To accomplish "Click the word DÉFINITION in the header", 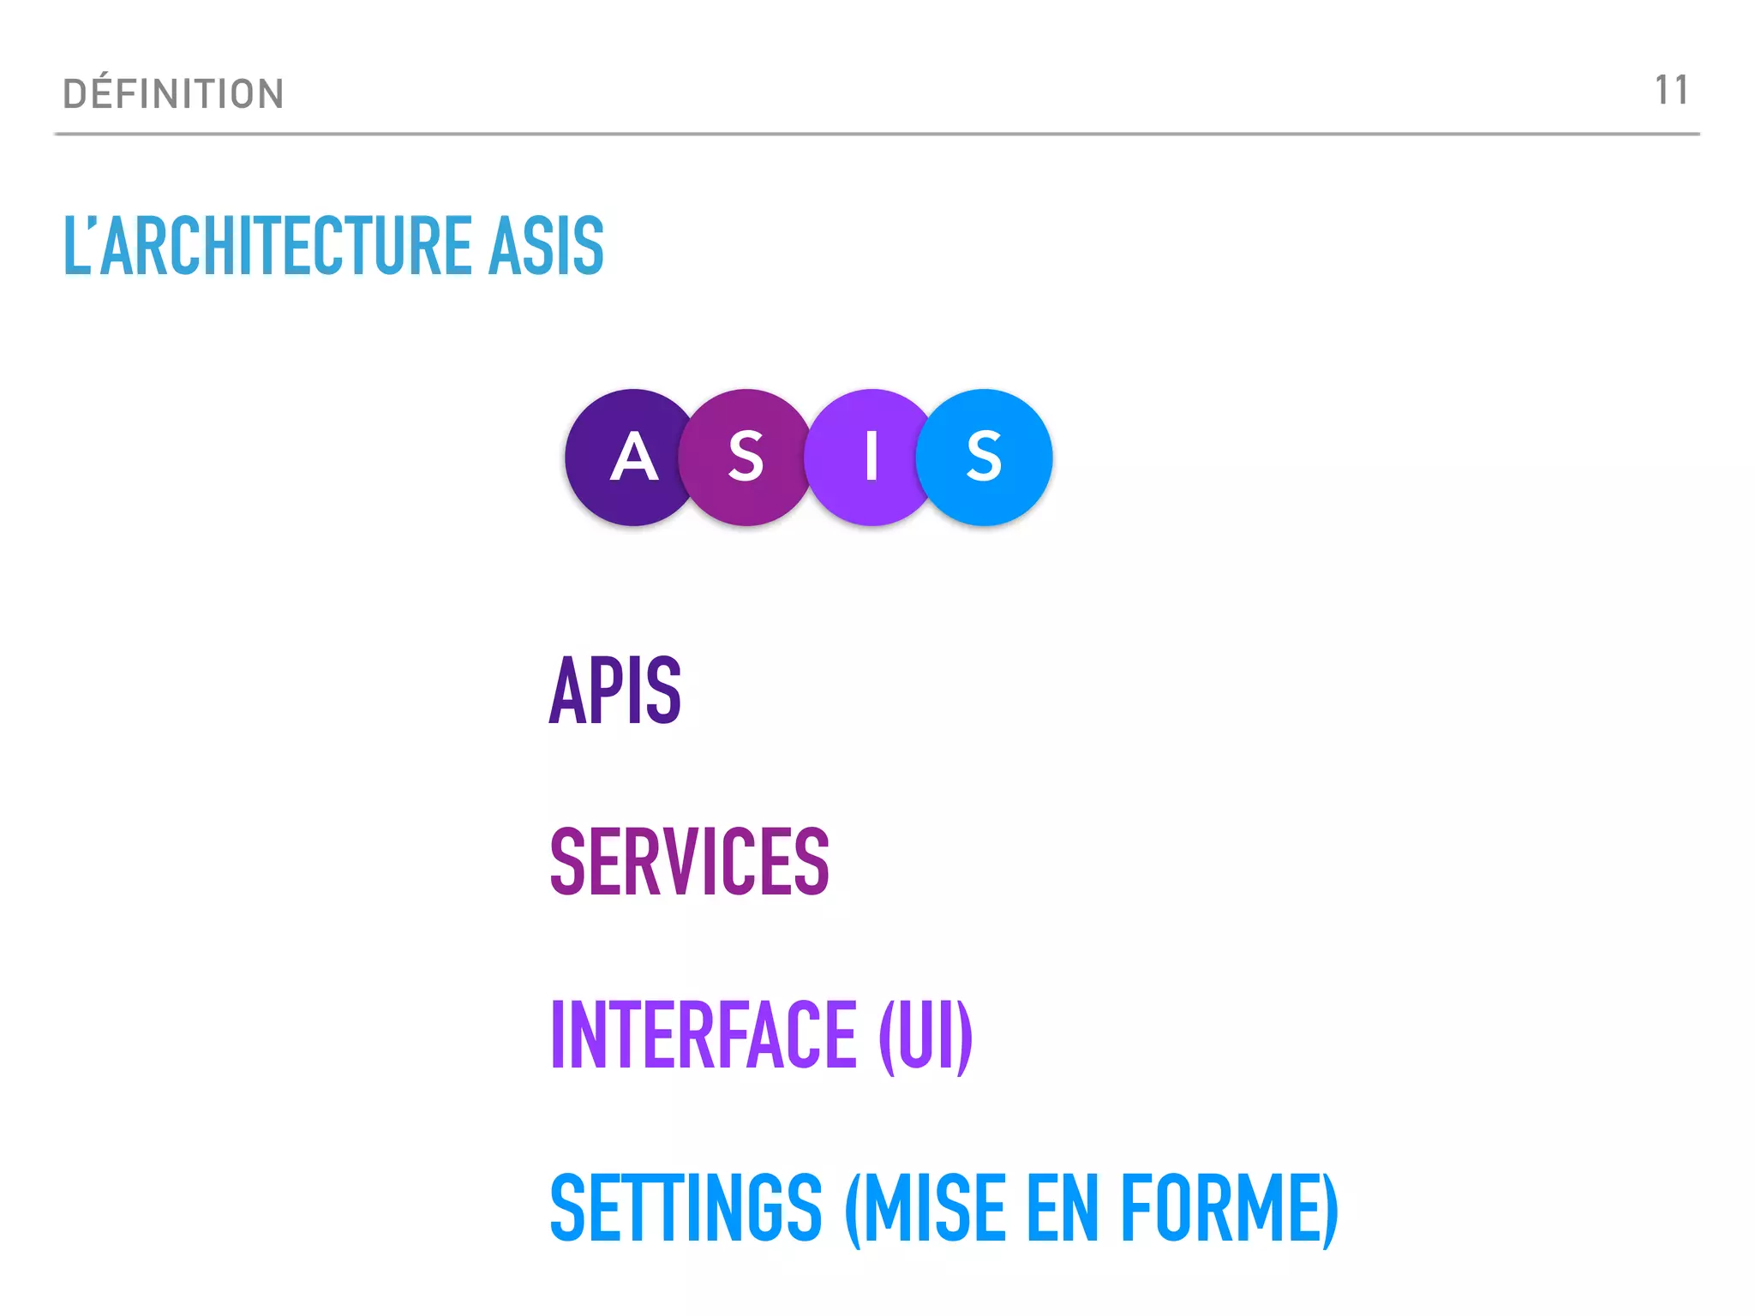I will (x=173, y=93).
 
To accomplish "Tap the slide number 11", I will (x=1671, y=90).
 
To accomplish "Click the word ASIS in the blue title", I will (x=546, y=246).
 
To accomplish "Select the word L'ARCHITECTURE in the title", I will (x=268, y=246).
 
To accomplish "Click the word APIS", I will (x=614, y=690).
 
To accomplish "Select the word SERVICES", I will (x=690, y=862).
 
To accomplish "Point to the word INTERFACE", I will (x=704, y=1034).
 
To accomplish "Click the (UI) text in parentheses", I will (x=926, y=1036).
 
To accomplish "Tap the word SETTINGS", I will (x=686, y=1208).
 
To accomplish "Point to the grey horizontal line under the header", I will (x=877, y=135).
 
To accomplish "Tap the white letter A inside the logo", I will (x=634, y=457).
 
